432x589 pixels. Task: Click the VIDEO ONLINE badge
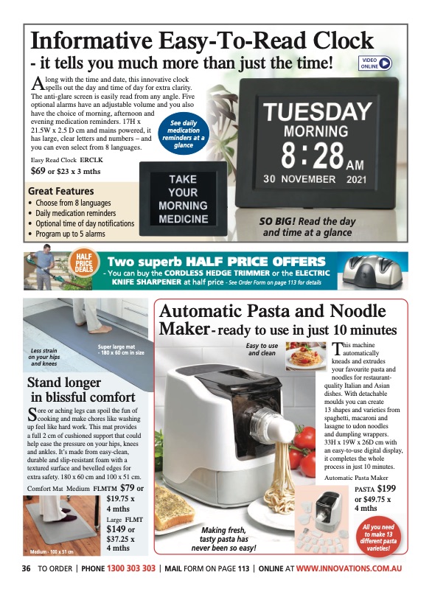(375, 63)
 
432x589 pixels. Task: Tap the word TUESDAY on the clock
(318, 113)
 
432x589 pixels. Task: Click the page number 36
(26, 568)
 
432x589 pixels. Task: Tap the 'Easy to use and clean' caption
(262, 349)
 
